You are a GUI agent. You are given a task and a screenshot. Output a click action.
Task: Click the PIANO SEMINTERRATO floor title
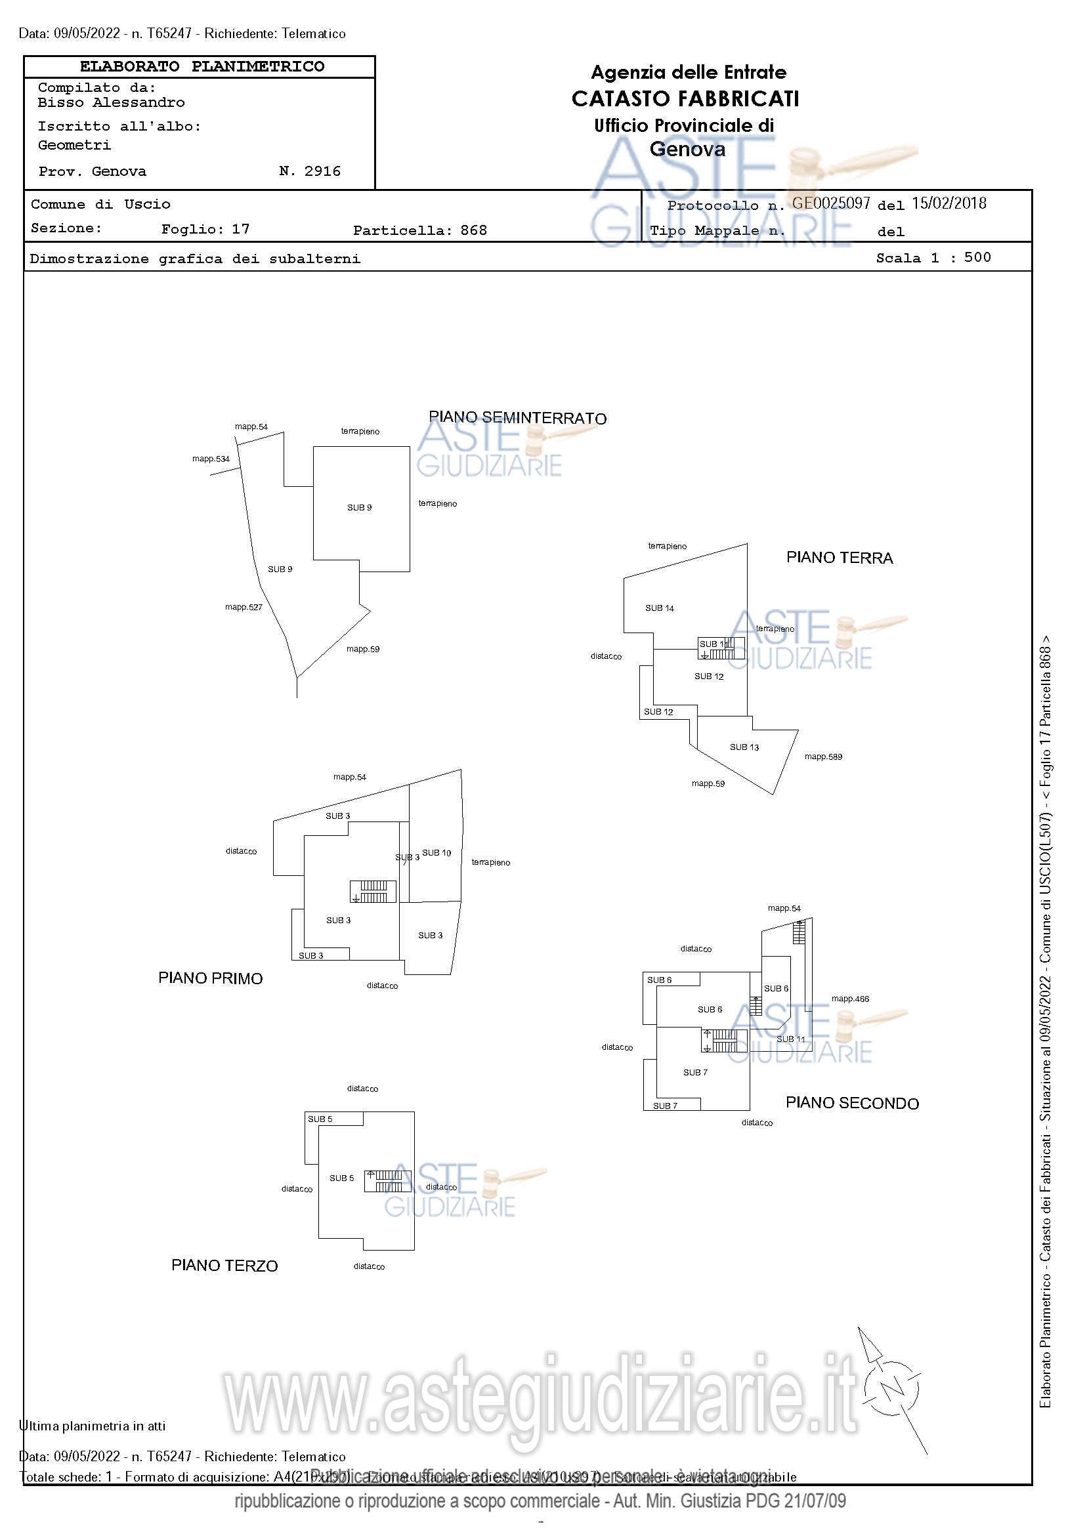coord(517,418)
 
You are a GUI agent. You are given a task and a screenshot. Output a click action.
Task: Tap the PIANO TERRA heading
coord(840,558)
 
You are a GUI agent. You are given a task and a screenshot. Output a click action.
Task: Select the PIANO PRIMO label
coord(210,978)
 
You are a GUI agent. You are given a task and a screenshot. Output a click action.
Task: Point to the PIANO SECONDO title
coord(852,1103)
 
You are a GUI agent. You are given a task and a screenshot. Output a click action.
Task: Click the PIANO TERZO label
coord(224,1266)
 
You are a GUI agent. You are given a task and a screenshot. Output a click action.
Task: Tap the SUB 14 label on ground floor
coord(659,608)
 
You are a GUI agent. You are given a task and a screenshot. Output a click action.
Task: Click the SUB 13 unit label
coord(744,747)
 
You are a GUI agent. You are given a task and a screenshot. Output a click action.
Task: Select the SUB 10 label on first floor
coord(437,853)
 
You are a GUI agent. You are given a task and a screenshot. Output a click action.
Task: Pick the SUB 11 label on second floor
coord(790,1039)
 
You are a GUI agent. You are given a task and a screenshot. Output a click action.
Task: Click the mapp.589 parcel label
coord(823,757)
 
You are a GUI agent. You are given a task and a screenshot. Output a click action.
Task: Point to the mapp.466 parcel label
coord(850,999)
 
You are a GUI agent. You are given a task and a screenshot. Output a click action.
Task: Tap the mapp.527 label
coord(244,607)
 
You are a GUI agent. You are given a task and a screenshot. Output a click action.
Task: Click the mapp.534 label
coord(211,459)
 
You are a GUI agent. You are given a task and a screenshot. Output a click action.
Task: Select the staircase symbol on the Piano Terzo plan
coord(383,1181)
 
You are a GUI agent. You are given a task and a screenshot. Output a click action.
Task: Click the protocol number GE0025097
coord(830,203)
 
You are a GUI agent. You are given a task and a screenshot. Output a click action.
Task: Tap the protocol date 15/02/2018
coord(948,203)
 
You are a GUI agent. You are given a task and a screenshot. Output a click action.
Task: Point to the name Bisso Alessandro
coord(111,103)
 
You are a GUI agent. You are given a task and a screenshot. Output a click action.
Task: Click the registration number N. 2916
coord(310,171)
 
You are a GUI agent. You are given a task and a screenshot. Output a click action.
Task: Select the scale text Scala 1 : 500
coord(933,258)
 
